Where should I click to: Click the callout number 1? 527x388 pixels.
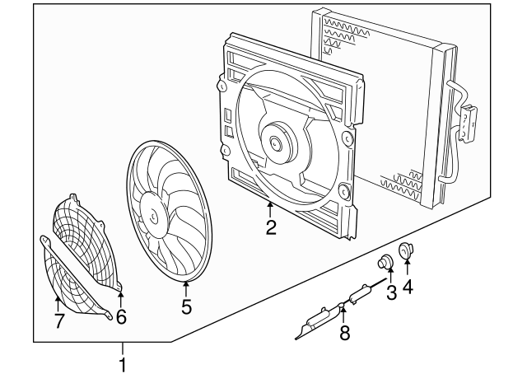[x=123, y=363]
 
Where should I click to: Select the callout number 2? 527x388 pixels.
[x=270, y=227]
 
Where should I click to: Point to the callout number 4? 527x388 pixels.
[x=408, y=287]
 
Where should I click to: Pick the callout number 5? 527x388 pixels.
[x=186, y=307]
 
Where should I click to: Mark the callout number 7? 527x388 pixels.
[x=58, y=321]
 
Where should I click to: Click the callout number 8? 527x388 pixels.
[x=344, y=332]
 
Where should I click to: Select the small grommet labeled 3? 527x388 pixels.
[x=383, y=264]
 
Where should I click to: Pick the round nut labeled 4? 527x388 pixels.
[x=406, y=250]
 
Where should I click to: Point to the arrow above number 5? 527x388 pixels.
[x=186, y=288]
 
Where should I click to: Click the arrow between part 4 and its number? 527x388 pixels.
[x=408, y=269]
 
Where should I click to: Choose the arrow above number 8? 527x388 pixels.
[x=343, y=313]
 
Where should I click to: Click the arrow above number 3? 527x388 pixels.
[x=390, y=275]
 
